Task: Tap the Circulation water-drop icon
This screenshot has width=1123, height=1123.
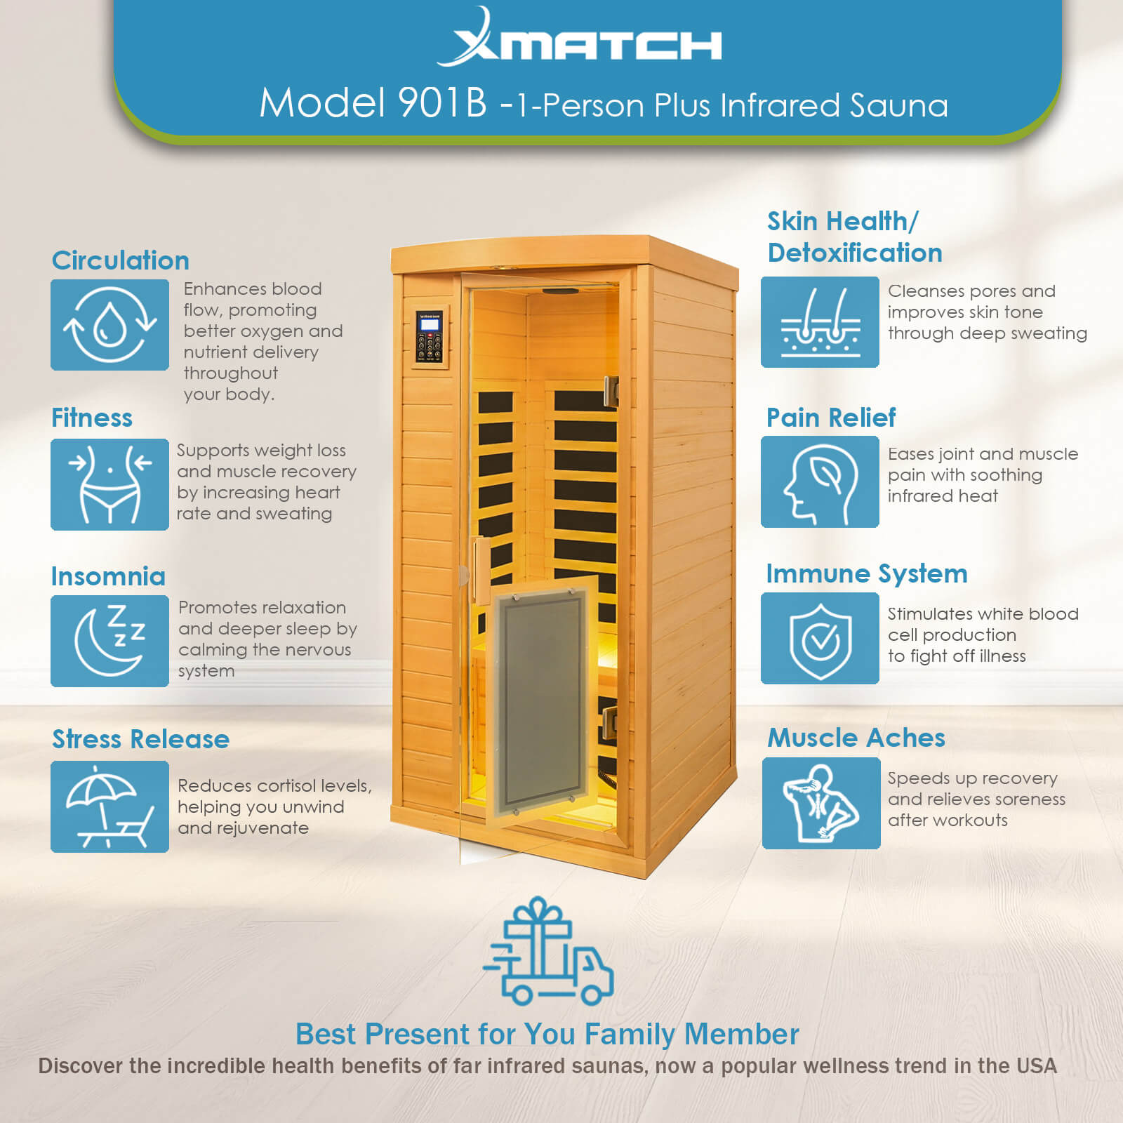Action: [x=109, y=325]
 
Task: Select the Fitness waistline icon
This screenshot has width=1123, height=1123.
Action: [x=109, y=484]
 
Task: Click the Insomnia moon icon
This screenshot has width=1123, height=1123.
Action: [x=109, y=641]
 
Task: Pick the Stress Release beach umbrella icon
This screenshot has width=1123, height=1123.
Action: [x=109, y=806]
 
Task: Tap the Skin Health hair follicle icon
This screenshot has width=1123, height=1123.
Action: [x=820, y=322]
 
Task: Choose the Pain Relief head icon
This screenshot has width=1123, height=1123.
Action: [x=820, y=482]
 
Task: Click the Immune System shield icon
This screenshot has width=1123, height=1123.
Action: [x=820, y=638]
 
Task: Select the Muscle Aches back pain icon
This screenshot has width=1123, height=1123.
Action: [x=821, y=803]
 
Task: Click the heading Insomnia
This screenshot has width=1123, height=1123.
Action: [x=108, y=576]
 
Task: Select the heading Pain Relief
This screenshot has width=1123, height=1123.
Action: [x=831, y=418]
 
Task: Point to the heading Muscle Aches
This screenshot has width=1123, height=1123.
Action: [x=856, y=738]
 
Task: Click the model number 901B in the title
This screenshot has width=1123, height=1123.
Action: [x=442, y=103]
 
